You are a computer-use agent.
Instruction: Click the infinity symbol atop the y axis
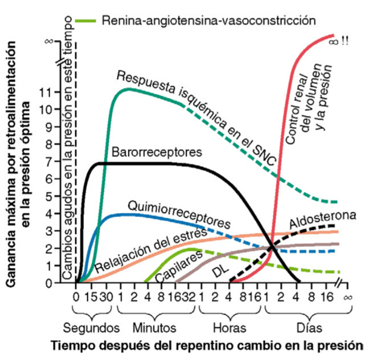(x=51, y=41)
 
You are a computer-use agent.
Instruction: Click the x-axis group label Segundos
(x=92, y=328)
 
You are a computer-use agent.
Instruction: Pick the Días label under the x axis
(x=309, y=328)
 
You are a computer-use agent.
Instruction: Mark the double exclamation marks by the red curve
(x=345, y=41)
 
